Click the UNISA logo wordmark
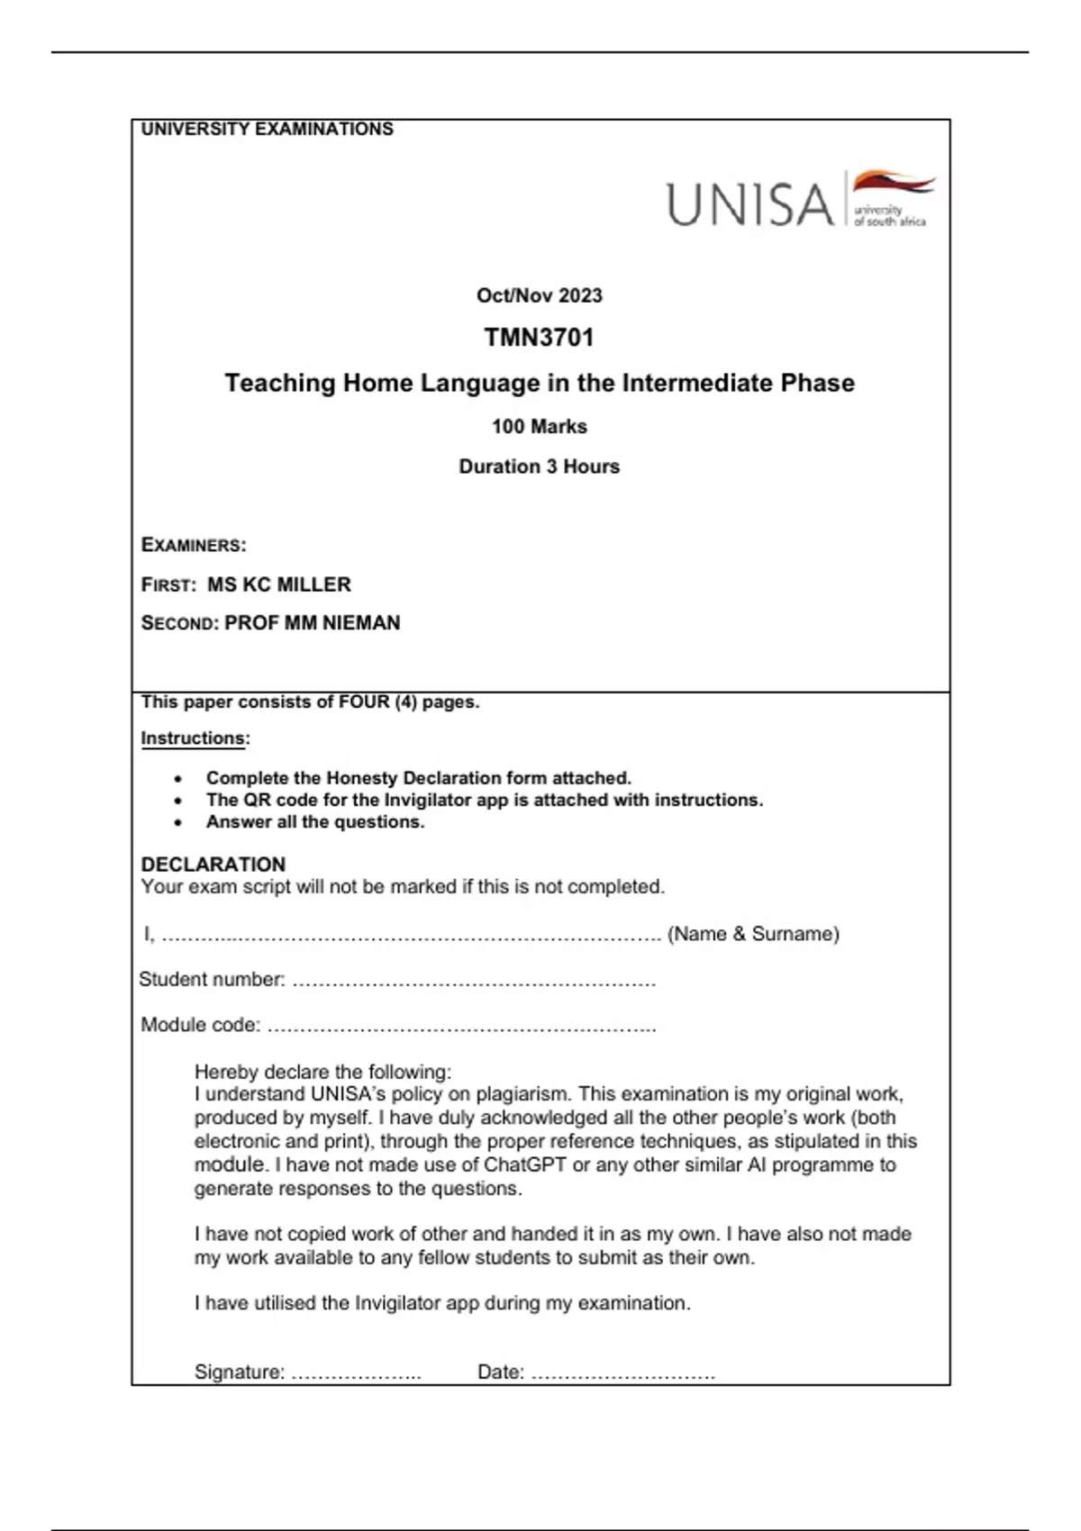coord(749,204)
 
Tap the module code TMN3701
coord(539,338)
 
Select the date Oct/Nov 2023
coord(539,295)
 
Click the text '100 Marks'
coord(539,427)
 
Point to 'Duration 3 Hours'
coord(539,467)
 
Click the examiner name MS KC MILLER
coord(279,584)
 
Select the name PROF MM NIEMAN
coord(312,623)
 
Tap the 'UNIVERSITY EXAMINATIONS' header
coord(267,129)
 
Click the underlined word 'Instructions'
coord(193,738)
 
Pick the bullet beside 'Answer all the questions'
coord(178,822)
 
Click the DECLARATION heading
coord(213,865)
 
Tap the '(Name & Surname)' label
coord(753,934)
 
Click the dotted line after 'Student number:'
coord(474,982)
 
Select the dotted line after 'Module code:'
coord(461,1027)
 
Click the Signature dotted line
coord(357,1375)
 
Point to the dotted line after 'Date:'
coord(623,1375)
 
